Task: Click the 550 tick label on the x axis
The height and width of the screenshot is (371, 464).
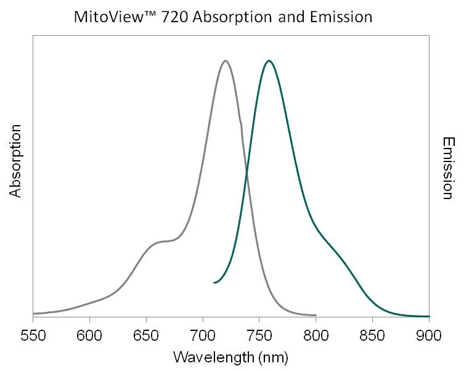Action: (33, 336)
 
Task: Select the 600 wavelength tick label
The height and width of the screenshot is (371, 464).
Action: (89, 336)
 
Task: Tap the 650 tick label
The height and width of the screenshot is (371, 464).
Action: (146, 336)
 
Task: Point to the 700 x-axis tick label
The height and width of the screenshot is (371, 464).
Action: (203, 336)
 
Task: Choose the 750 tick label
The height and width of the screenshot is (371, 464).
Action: (259, 336)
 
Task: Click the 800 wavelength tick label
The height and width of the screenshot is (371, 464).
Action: (316, 336)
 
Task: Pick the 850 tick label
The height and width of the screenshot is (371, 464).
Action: (373, 336)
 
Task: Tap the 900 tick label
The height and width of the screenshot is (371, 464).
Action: (429, 336)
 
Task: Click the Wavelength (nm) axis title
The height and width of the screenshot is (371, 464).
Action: (230, 357)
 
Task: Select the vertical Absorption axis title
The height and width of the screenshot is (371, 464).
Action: (15, 161)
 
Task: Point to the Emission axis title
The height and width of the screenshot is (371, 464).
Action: (448, 168)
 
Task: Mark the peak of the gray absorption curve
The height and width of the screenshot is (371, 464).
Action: (226, 60)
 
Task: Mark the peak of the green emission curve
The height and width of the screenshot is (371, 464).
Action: (269, 60)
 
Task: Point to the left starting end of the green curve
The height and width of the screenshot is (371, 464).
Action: (214, 283)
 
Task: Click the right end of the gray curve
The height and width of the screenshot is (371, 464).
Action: (315, 314)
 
